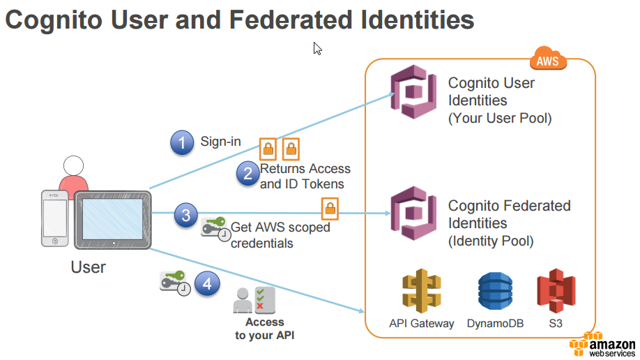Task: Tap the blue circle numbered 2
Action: click(x=247, y=172)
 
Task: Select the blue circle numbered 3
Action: click(x=185, y=216)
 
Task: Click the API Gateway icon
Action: click(x=421, y=292)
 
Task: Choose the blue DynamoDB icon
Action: click(x=495, y=292)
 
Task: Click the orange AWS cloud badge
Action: click(x=548, y=61)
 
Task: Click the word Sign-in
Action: click(x=220, y=142)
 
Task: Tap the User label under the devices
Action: click(x=89, y=267)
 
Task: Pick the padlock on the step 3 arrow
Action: click(x=329, y=207)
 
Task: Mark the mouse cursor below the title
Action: click(x=317, y=48)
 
